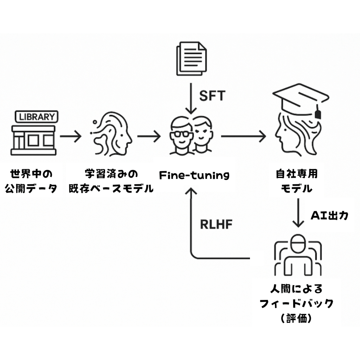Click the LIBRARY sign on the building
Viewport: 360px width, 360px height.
pyautogui.click(x=37, y=116)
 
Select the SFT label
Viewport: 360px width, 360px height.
pyautogui.click(x=212, y=96)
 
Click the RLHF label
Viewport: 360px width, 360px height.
pyautogui.click(x=216, y=225)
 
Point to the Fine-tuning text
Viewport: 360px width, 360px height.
pyautogui.click(x=194, y=175)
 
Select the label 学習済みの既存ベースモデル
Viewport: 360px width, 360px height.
pyautogui.click(x=111, y=181)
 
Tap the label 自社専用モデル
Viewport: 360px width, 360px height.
pyautogui.click(x=297, y=181)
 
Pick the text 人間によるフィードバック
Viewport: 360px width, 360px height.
pyautogui.click(x=296, y=296)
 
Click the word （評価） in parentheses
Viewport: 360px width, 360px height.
pyautogui.click(x=296, y=319)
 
